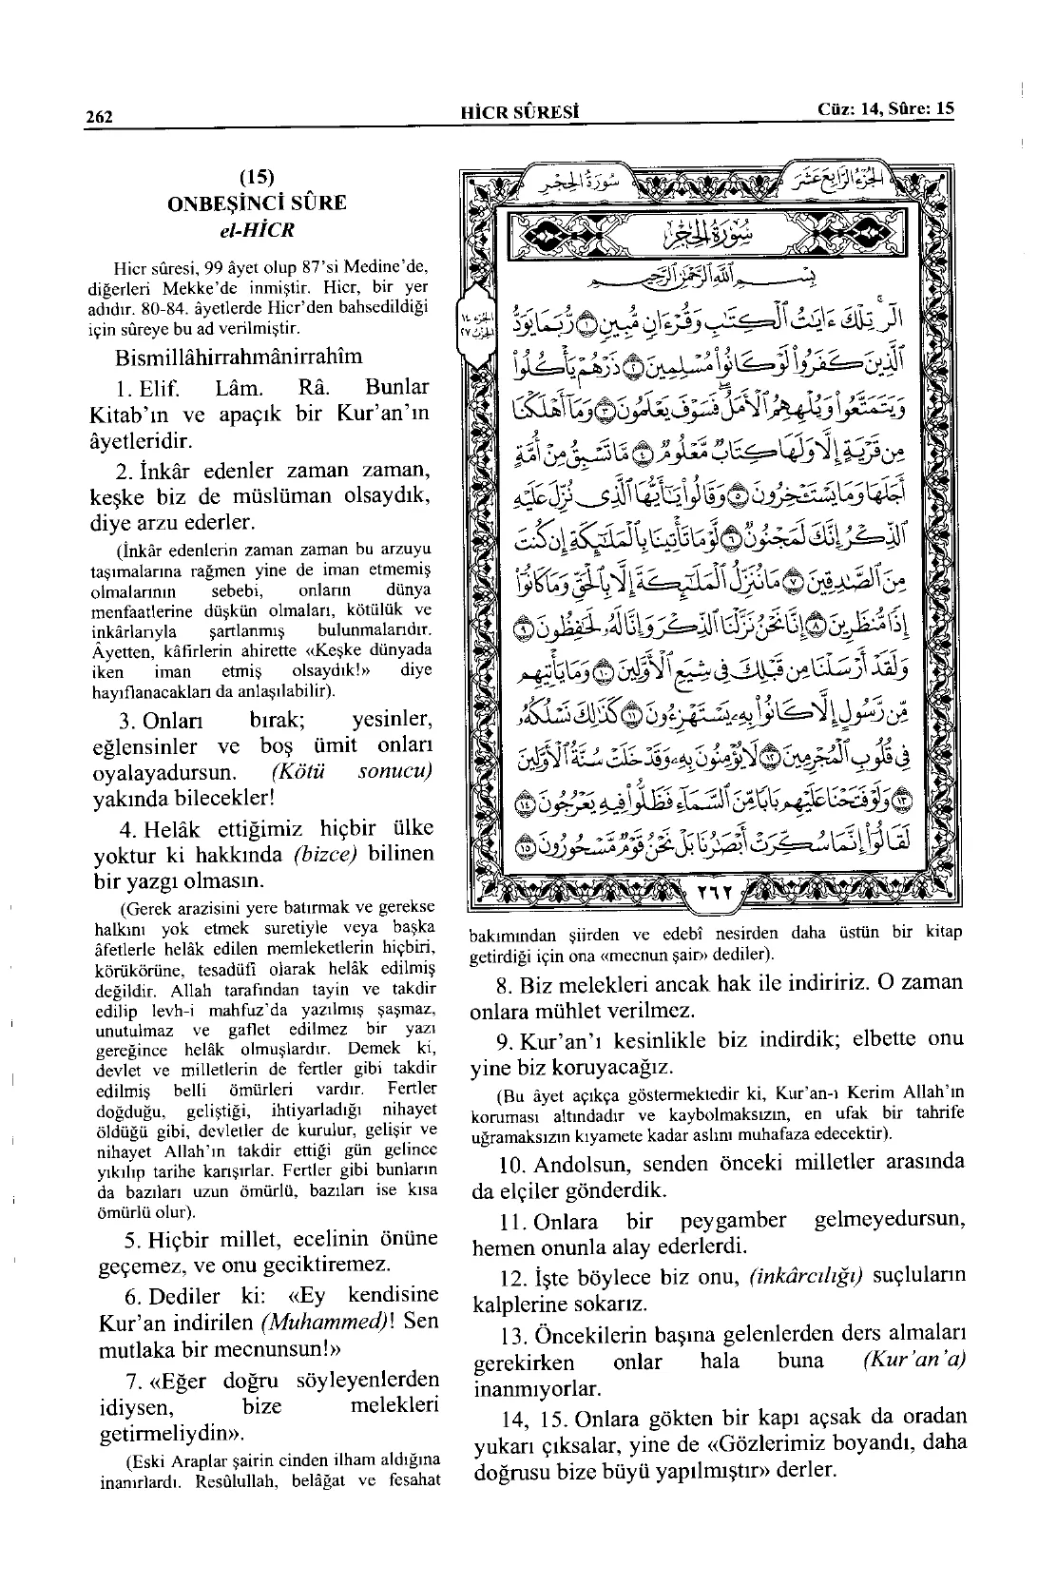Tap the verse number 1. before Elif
[127, 388]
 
